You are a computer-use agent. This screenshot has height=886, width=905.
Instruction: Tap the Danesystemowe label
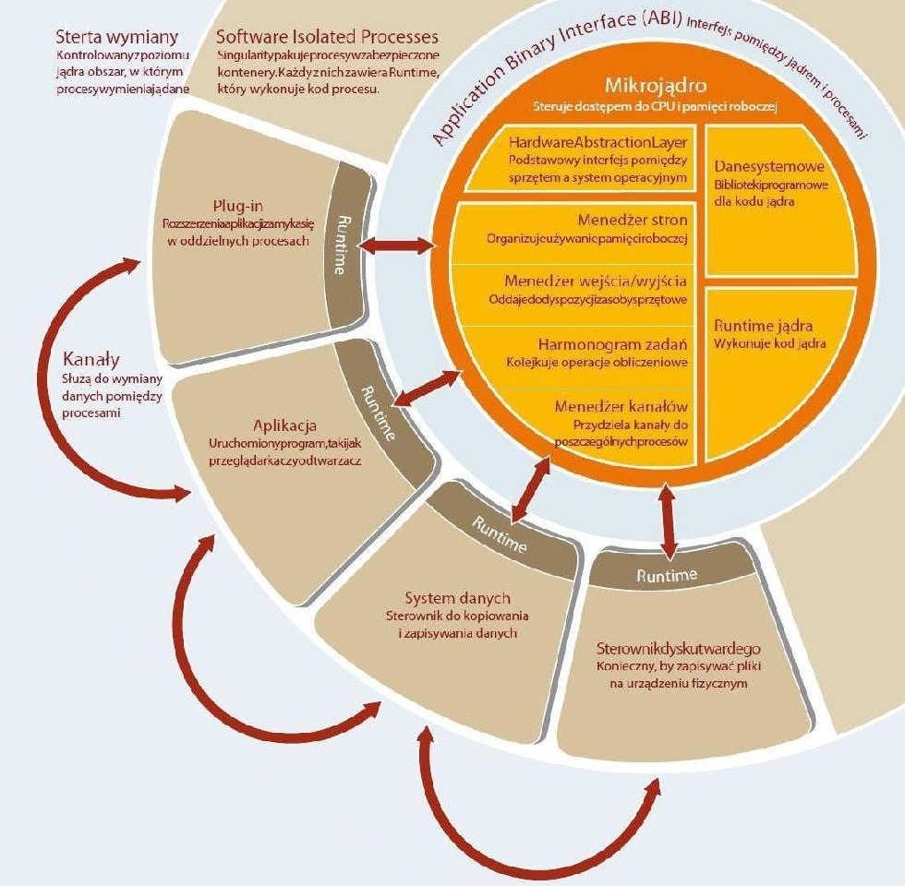tap(770, 167)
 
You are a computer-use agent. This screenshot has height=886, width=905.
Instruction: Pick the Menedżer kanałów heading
tap(621, 406)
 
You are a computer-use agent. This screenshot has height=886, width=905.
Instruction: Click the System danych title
tap(457, 598)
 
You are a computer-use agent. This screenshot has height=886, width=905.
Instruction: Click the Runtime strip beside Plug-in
tap(343, 245)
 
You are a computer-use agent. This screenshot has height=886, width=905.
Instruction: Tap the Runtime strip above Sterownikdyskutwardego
tap(667, 575)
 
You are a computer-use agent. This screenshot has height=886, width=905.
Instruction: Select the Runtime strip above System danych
tap(500, 534)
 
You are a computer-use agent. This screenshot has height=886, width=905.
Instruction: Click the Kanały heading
tap(92, 358)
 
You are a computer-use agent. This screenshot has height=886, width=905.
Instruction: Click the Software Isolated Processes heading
tap(327, 38)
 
